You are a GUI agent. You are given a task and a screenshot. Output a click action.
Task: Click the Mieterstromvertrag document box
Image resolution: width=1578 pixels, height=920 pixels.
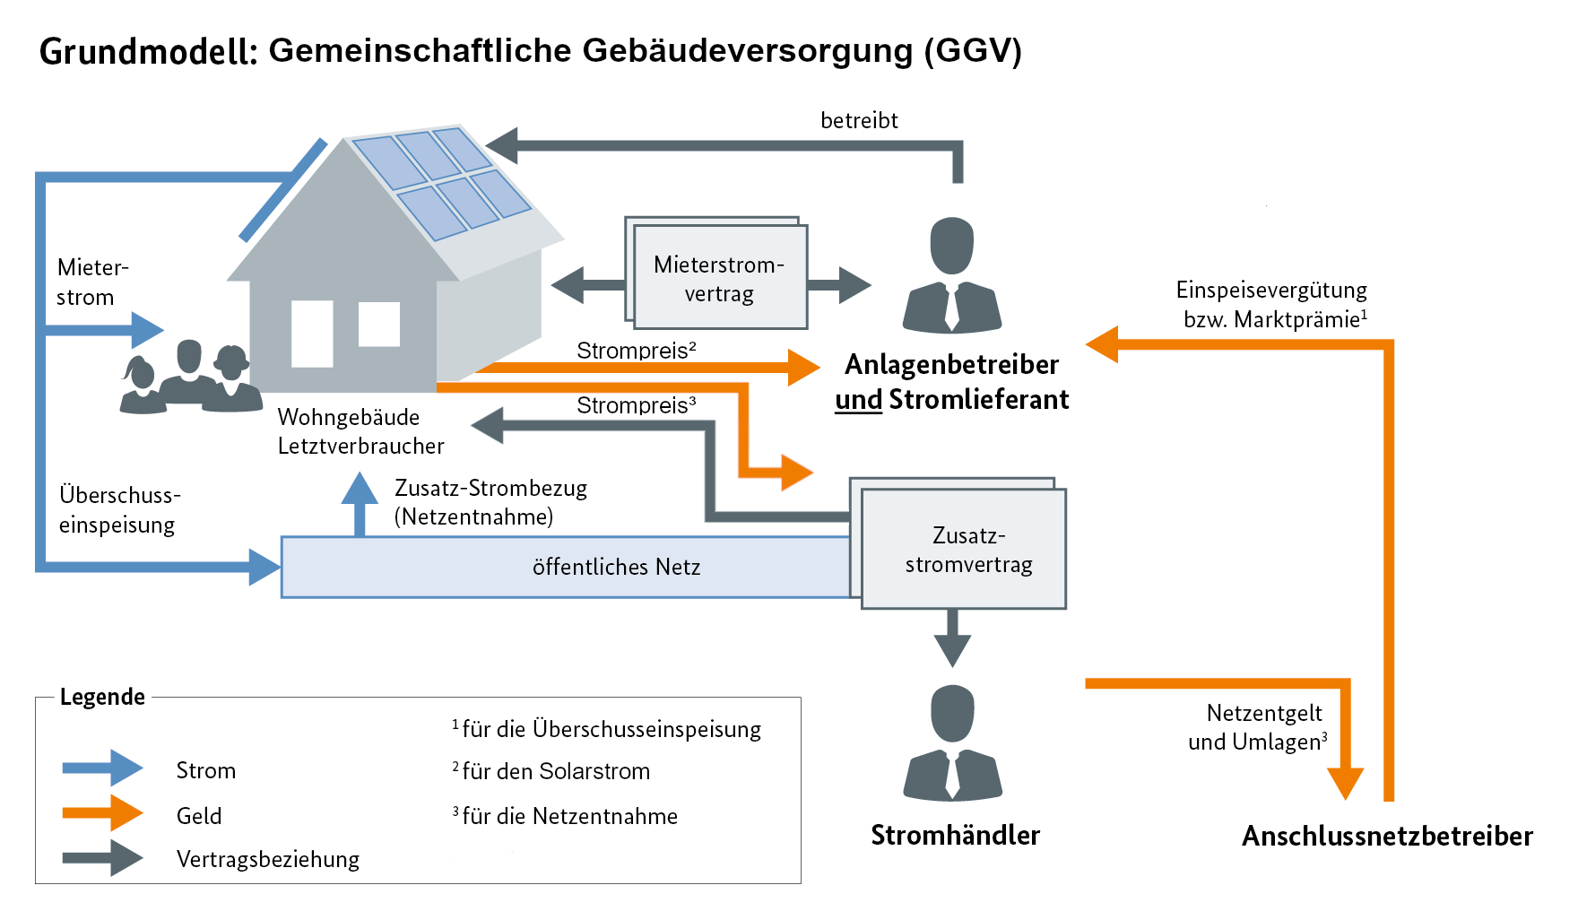tap(719, 278)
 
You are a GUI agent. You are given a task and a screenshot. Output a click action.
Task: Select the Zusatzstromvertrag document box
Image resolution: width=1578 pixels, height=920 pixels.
tap(965, 549)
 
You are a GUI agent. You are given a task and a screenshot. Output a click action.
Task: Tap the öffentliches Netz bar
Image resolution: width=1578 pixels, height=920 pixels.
tap(565, 567)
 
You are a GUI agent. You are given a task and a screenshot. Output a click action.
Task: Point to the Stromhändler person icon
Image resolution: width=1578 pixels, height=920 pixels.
tap(952, 743)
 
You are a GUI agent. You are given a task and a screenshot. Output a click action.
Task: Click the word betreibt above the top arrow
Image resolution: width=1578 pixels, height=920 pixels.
tap(859, 120)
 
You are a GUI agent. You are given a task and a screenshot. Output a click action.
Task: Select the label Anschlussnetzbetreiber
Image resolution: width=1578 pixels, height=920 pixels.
tap(1387, 836)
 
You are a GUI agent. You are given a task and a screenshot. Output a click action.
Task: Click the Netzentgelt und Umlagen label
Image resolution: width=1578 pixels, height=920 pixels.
tap(1260, 727)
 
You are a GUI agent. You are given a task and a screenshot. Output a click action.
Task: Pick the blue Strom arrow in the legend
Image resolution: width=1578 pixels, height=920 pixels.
tap(102, 768)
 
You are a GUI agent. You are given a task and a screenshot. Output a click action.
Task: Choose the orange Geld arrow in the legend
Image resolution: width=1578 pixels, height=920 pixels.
tap(102, 813)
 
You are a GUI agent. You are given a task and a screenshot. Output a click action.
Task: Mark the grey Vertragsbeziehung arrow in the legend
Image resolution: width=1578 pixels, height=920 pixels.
tap(102, 858)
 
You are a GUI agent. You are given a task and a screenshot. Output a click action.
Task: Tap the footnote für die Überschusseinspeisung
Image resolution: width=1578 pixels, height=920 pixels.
tap(610, 729)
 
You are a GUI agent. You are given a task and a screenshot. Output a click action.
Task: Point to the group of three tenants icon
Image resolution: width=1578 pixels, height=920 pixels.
tap(190, 378)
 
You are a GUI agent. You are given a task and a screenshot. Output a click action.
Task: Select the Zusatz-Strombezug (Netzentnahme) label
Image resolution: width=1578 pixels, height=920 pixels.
tap(490, 502)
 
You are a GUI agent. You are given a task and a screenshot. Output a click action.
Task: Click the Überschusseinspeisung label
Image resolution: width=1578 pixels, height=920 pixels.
tap(119, 509)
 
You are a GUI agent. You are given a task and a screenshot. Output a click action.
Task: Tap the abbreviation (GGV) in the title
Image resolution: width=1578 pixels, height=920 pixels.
tap(973, 50)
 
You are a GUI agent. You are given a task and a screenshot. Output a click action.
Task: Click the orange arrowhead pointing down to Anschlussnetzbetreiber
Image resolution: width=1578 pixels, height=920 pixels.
tap(1345, 783)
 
